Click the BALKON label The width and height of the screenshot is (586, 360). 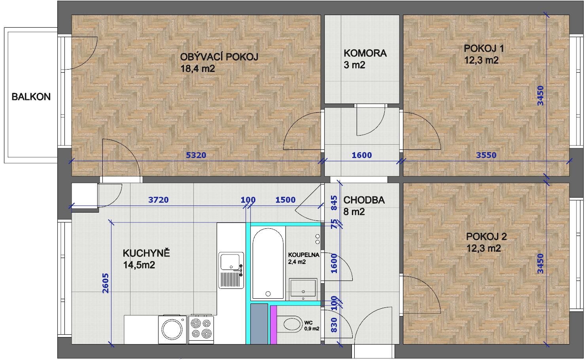(x=31, y=97)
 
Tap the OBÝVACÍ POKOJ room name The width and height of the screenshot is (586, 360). (x=219, y=57)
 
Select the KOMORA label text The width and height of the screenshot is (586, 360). (x=365, y=53)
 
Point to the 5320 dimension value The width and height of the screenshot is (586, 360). (x=196, y=155)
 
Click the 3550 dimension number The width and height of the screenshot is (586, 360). (x=486, y=155)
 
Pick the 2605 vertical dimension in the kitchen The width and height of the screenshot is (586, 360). (x=106, y=283)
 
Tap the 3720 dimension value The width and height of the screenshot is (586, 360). (x=158, y=200)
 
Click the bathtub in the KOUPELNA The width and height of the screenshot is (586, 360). (x=268, y=264)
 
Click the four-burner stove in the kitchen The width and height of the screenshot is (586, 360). (x=201, y=329)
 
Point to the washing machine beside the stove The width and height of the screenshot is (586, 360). (x=172, y=330)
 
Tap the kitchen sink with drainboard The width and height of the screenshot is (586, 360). (x=231, y=270)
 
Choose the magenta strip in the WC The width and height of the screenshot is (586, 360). (x=273, y=325)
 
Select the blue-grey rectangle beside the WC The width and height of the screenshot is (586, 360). (x=259, y=324)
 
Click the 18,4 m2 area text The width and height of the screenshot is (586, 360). (x=198, y=69)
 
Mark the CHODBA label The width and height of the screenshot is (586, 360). (x=364, y=200)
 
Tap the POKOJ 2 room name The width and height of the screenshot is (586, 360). (x=486, y=236)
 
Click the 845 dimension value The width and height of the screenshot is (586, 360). (x=334, y=203)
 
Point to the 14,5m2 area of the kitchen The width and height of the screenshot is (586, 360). (x=139, y=265)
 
